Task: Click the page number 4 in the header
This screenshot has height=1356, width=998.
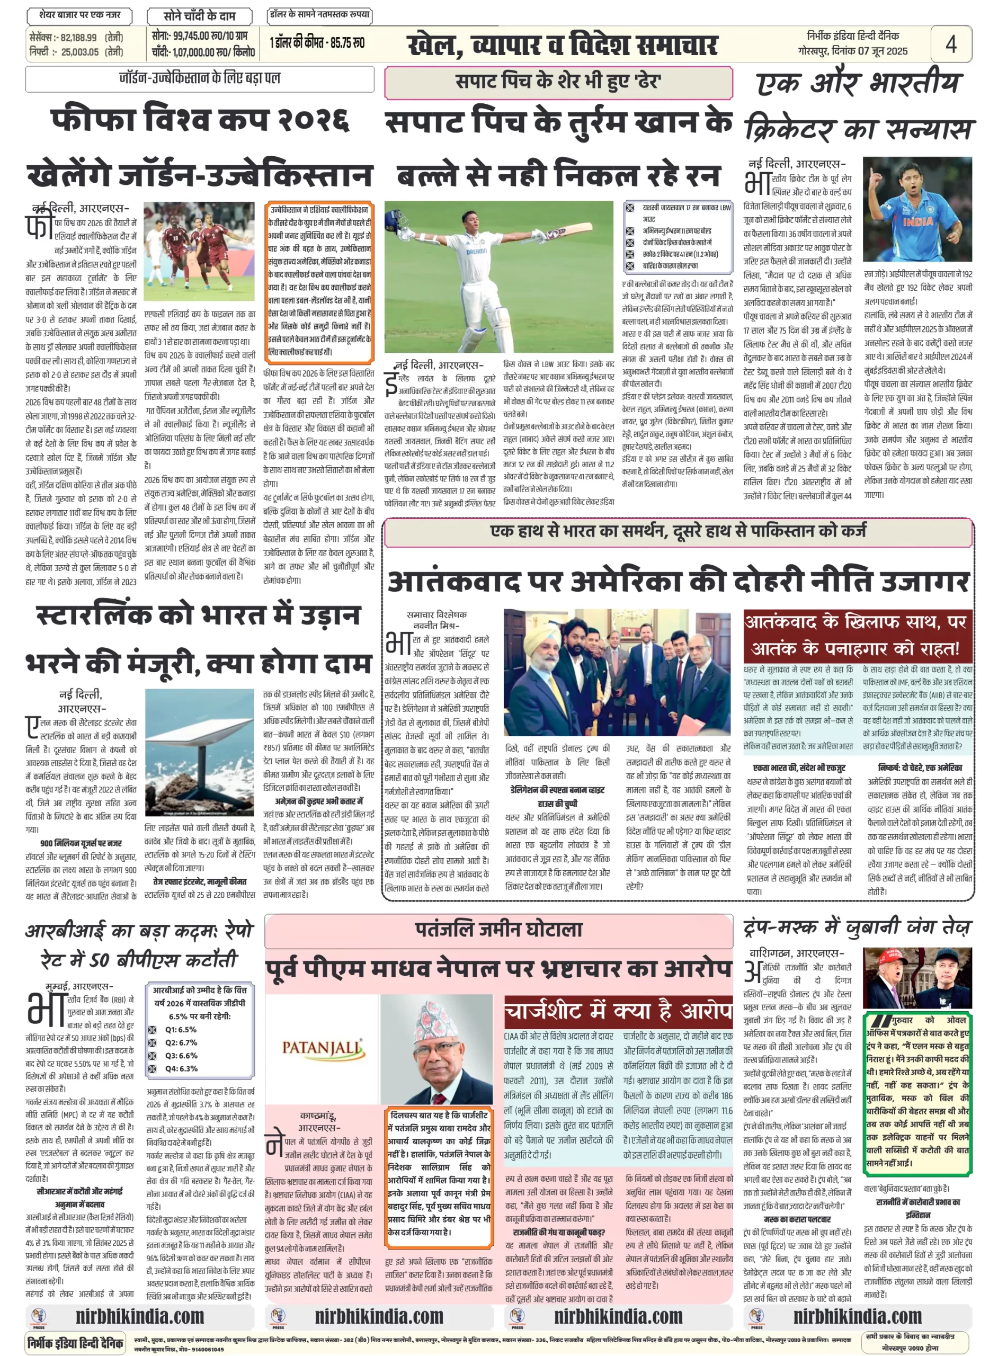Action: click(951, 44)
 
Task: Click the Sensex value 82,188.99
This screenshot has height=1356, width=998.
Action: click(78, 38)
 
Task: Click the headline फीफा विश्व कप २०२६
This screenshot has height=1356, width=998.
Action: click(200, 119)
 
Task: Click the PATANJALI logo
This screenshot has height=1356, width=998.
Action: click(323, 1047)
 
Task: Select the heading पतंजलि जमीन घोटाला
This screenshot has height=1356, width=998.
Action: click(498, 930)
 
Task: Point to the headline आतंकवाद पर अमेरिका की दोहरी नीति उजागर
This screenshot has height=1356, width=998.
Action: click(678, 582)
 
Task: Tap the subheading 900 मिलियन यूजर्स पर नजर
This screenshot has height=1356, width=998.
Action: click(81, 843)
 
